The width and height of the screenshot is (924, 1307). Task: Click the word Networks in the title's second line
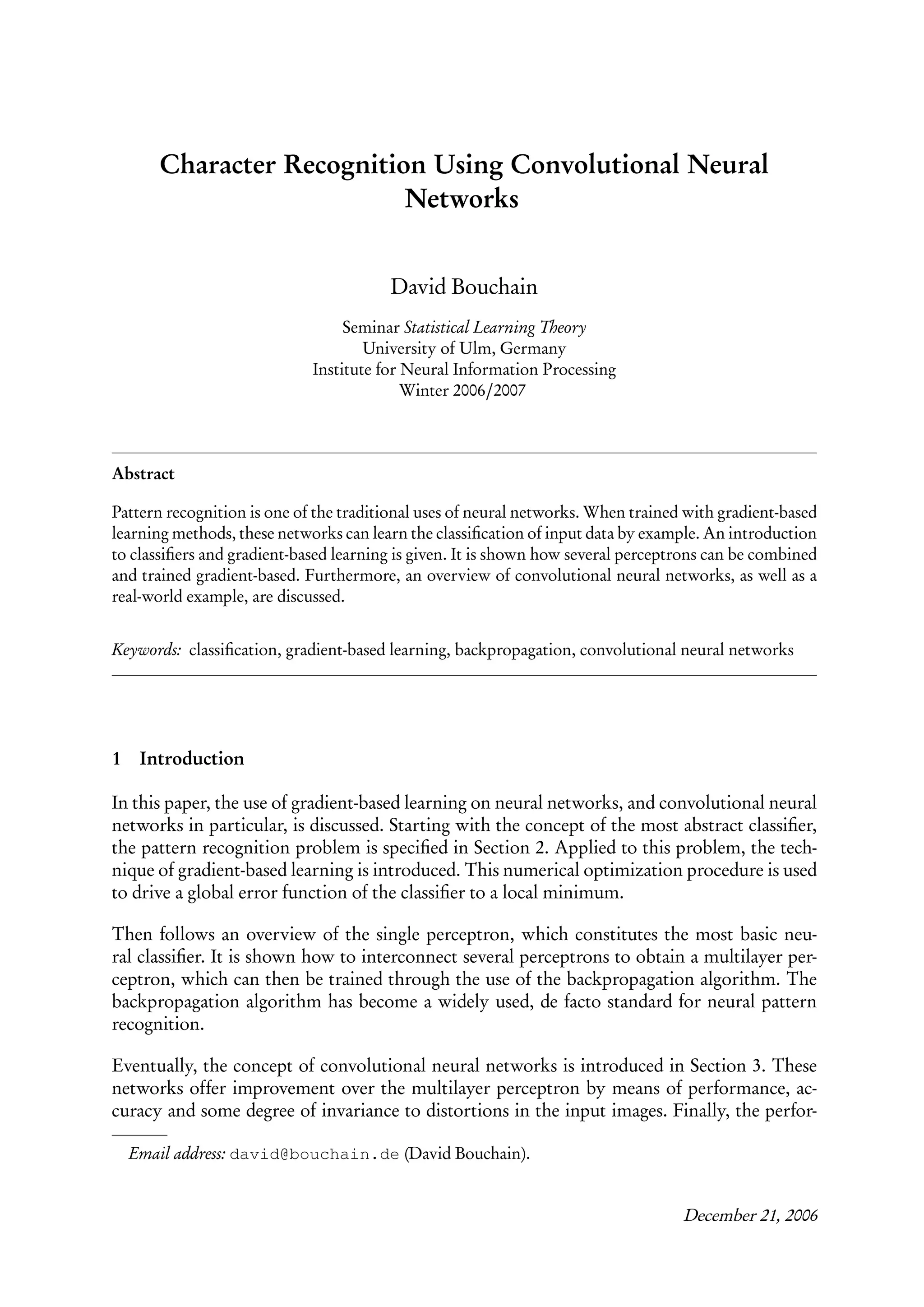[462, 199]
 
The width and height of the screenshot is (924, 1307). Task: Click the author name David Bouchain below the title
[464, 286]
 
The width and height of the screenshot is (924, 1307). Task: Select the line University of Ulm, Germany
[464, 348]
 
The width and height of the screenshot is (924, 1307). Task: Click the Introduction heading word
[192, 759]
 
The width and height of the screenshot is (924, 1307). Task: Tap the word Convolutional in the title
[595, 165]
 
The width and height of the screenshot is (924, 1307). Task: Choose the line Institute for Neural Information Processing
[464, 370]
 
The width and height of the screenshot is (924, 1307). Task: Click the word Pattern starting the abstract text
[135, 512]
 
